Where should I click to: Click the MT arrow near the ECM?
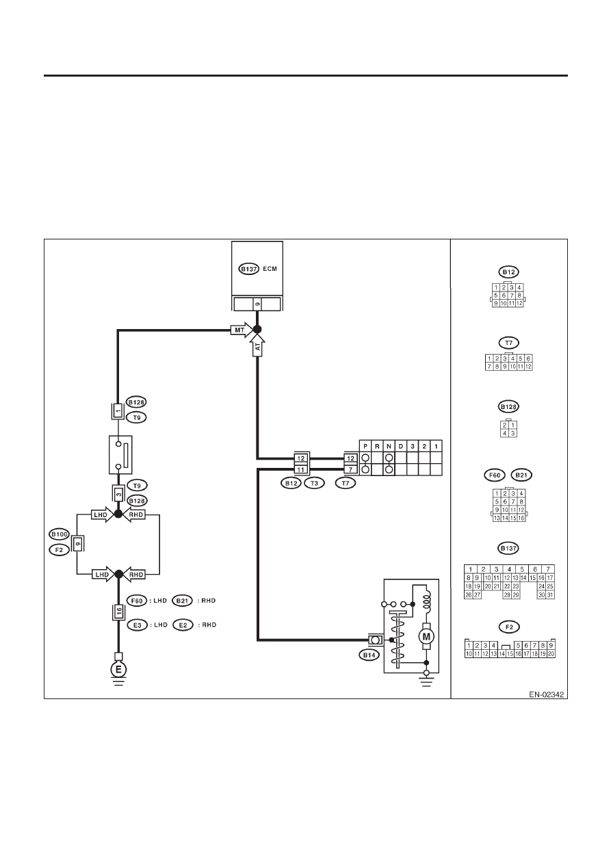[242, 330]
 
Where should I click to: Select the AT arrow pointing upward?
[258, 345]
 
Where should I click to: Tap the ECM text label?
[270, 269]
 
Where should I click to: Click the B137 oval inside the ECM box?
[249, 269]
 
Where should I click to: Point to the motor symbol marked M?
[426, 637]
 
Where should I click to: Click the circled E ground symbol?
[118, 670]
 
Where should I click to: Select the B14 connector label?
[369, 655]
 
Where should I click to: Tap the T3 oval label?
[314, 483]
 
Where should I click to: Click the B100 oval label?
[59, 534]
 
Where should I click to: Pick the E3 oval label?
[138, 625]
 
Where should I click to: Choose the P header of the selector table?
[365, 446]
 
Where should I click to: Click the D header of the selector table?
[401, 446]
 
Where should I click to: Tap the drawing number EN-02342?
[546, 694]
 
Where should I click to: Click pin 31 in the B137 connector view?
[550, 595]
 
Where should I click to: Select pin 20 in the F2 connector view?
[551, 654]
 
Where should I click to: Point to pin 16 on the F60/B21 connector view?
[521, 518]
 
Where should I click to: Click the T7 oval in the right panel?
[509, 343]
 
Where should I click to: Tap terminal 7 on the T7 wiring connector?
[350, 469]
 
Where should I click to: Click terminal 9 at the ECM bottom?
[257, 304]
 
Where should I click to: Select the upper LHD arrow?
[102, 514]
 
